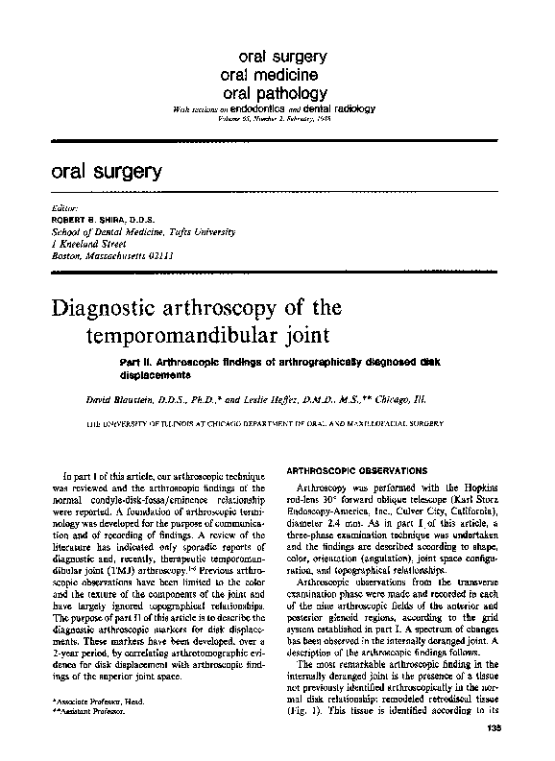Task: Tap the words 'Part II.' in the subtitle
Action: (x=138, y=361)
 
